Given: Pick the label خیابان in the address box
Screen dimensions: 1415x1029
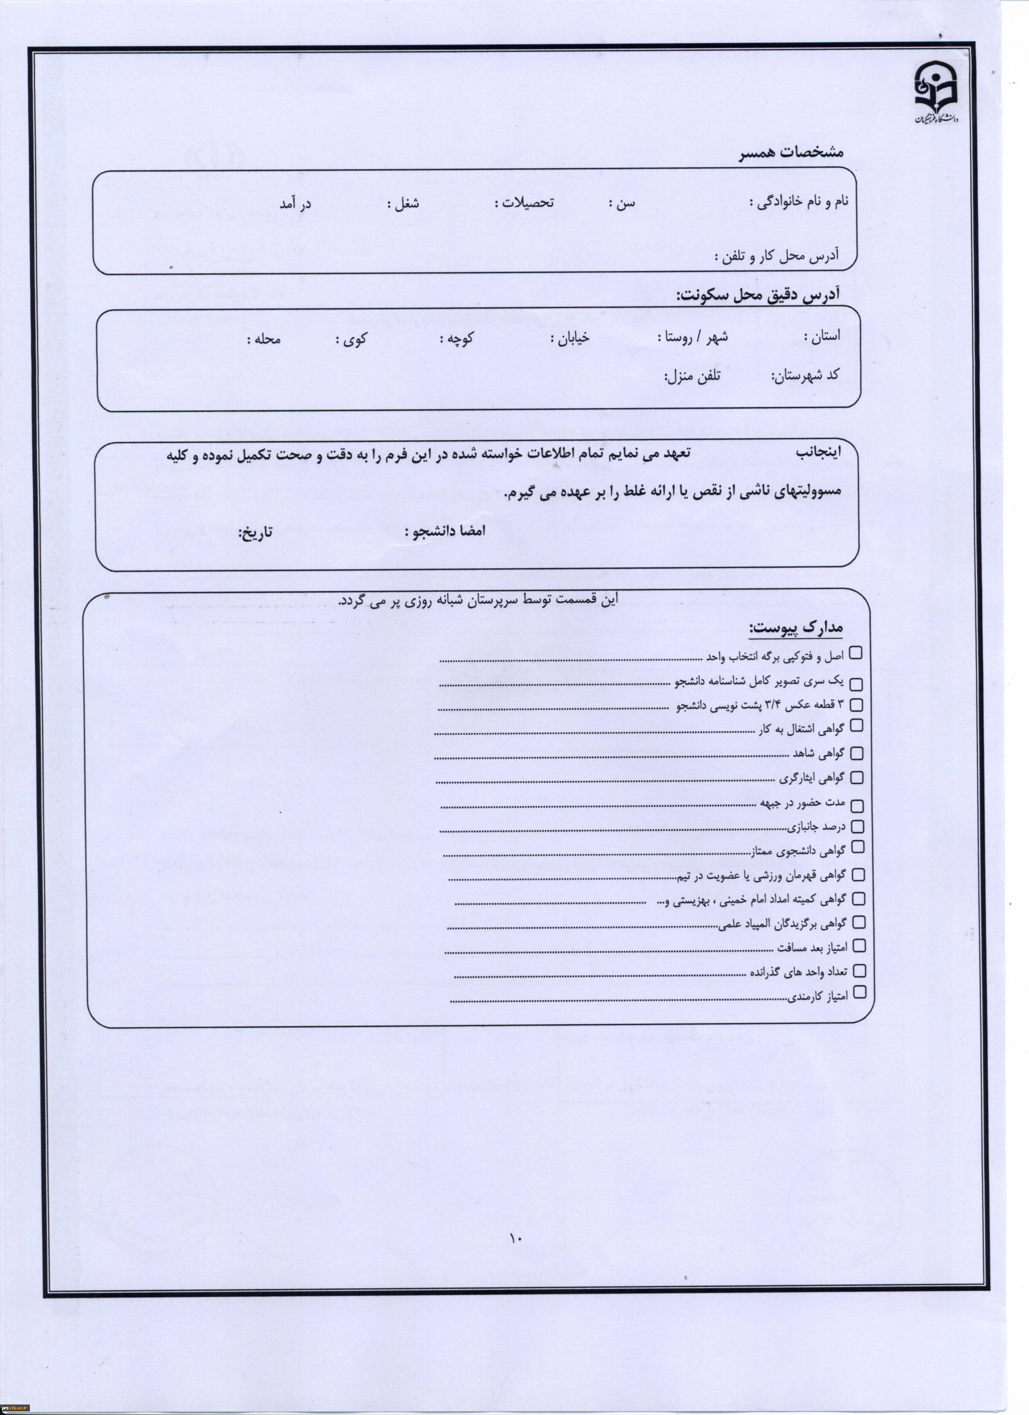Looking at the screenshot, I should pos(570,338).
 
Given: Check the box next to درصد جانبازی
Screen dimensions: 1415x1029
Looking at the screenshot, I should pos(857,827).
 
